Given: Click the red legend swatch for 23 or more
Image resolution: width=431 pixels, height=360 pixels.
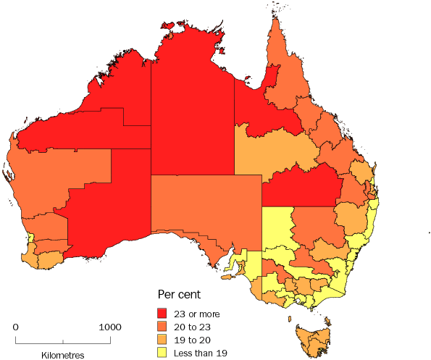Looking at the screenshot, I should [164, 314].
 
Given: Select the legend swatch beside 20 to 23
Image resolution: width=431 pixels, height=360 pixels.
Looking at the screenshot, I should [164, 327].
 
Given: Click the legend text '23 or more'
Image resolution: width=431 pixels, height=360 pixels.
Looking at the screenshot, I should [197, 314].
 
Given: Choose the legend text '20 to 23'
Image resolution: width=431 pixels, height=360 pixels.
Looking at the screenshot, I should [193, 327].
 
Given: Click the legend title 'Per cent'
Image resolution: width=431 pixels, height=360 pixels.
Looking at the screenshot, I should [179, 296].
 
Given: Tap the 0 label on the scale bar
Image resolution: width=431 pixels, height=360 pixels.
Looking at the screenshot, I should [16, 327].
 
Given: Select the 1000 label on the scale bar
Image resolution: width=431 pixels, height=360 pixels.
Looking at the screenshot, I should [110, 327].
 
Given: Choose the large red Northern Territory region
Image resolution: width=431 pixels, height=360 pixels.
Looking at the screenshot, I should [192, 101].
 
